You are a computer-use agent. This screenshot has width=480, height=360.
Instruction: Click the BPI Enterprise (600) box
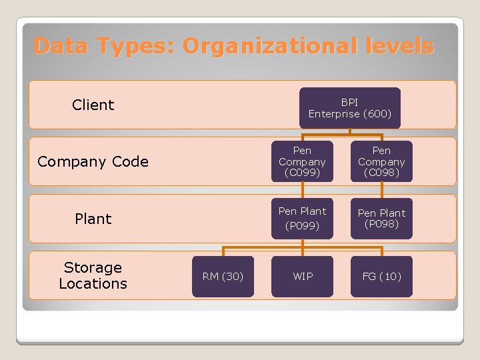349,108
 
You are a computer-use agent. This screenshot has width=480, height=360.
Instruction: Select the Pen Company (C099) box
302,161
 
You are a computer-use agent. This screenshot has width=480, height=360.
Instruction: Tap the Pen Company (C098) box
381,161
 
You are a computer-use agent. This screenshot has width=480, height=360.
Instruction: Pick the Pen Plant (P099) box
302,219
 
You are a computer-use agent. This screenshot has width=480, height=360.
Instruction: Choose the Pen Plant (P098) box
381,219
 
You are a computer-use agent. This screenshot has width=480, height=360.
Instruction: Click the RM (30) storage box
223,276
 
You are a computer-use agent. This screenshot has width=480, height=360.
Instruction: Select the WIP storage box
302,276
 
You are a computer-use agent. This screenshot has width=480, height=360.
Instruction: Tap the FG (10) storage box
381,276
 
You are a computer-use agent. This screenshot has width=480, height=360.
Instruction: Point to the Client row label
93,105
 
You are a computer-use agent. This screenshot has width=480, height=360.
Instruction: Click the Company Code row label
93,161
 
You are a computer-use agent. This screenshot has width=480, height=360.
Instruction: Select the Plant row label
93,219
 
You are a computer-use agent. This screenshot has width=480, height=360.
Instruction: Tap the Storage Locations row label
93,275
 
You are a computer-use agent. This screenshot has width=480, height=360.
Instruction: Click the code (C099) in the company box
302,173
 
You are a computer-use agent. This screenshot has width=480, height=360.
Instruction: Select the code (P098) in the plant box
381,224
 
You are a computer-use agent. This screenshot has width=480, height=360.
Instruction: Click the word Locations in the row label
93,283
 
